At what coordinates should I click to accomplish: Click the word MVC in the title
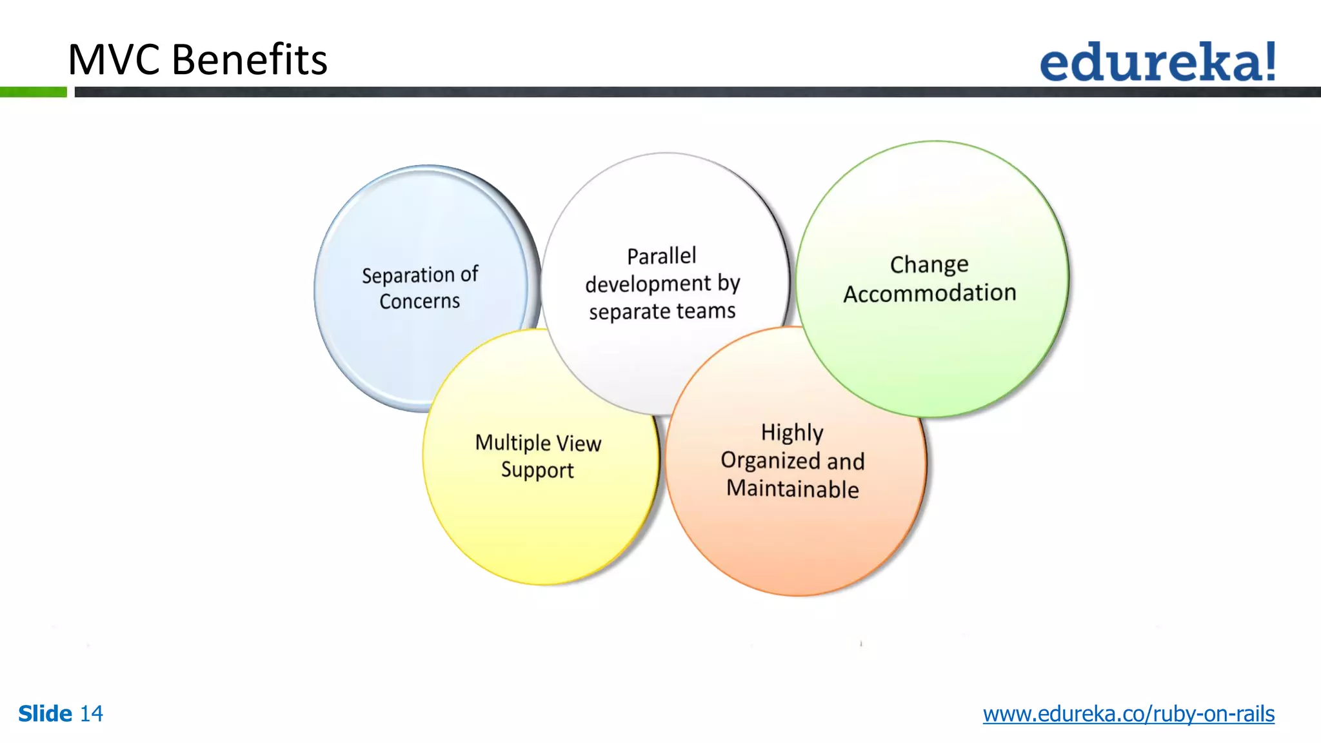pos(114,59)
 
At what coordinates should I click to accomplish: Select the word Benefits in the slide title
pos(250,59)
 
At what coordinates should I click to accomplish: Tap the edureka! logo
pos(1157,62)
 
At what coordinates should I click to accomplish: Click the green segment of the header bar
pos(33,92)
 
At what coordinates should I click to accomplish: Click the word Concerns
pos(419,301)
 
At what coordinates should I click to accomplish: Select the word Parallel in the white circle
pos(662,256)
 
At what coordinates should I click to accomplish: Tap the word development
pos(648,284)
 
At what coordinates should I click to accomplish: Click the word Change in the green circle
pos(929,264)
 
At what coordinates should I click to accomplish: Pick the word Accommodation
pos(929,293)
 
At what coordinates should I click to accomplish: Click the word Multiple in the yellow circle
pos(512,442)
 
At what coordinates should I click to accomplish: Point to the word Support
pos(537,470)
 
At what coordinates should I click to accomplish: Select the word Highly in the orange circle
pos(792,432)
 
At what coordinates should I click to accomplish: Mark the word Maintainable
pos(792,489)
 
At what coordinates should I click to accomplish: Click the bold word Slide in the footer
pos(45,713)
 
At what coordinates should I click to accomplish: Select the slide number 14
pos(91,713)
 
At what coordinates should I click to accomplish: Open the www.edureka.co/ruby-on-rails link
pos(1128,714)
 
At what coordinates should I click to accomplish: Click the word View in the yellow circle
pos(579,443)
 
